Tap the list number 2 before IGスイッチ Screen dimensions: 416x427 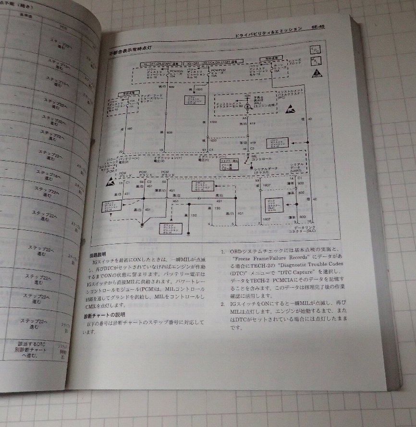pyautogui.click(x=222, y=304)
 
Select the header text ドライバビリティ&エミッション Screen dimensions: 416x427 pyautogui.click(x=266, y=29)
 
